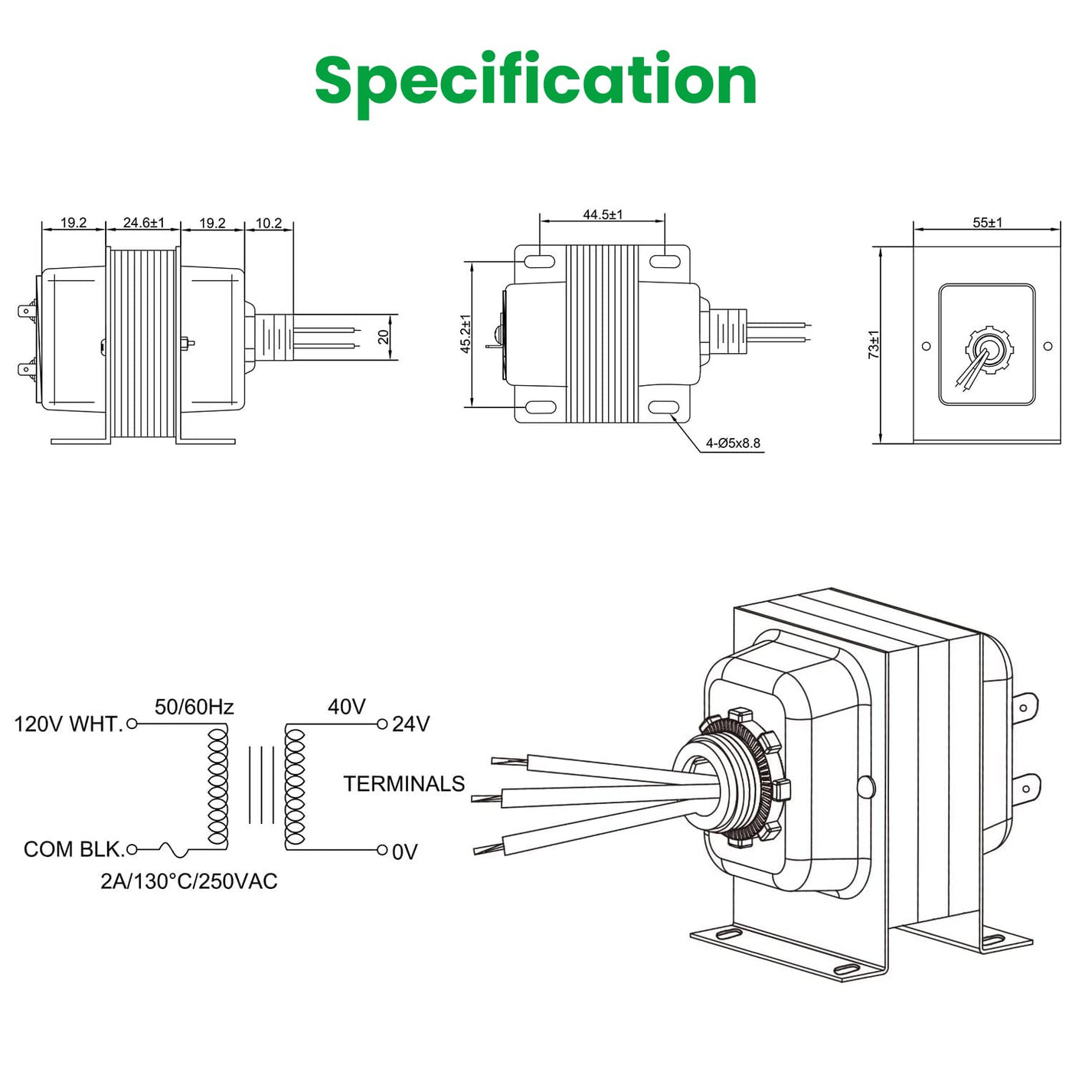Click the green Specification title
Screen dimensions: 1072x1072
click(535, 80)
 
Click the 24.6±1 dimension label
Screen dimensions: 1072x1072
click(143, 223)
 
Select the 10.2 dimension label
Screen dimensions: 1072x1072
click(269, 224)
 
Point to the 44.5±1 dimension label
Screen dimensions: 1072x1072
click(603, 214)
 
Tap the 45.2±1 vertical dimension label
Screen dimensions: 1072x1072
click(466, 334)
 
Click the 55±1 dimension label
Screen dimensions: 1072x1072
click(987, 223)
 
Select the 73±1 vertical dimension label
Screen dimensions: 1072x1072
click(874, 345)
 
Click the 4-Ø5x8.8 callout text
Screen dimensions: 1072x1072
click(733, 443)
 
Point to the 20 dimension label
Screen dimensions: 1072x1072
click(384, 337)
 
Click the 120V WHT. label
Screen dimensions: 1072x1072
click(68, 724)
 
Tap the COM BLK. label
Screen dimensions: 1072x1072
click(74, 849)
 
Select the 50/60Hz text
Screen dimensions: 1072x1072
click(194, 707)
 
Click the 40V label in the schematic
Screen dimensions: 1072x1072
click(346, 707)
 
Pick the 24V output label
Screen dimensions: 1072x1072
click(411, 724)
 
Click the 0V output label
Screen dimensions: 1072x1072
click(405, 852)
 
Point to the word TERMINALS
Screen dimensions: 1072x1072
click(404, 784)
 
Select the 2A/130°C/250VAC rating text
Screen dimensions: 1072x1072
click(189, 881)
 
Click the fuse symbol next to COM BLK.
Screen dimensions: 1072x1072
click(172, 849)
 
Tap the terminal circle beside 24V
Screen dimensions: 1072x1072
click(382, 724)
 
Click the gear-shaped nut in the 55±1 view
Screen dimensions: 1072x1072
click(988, 349)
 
